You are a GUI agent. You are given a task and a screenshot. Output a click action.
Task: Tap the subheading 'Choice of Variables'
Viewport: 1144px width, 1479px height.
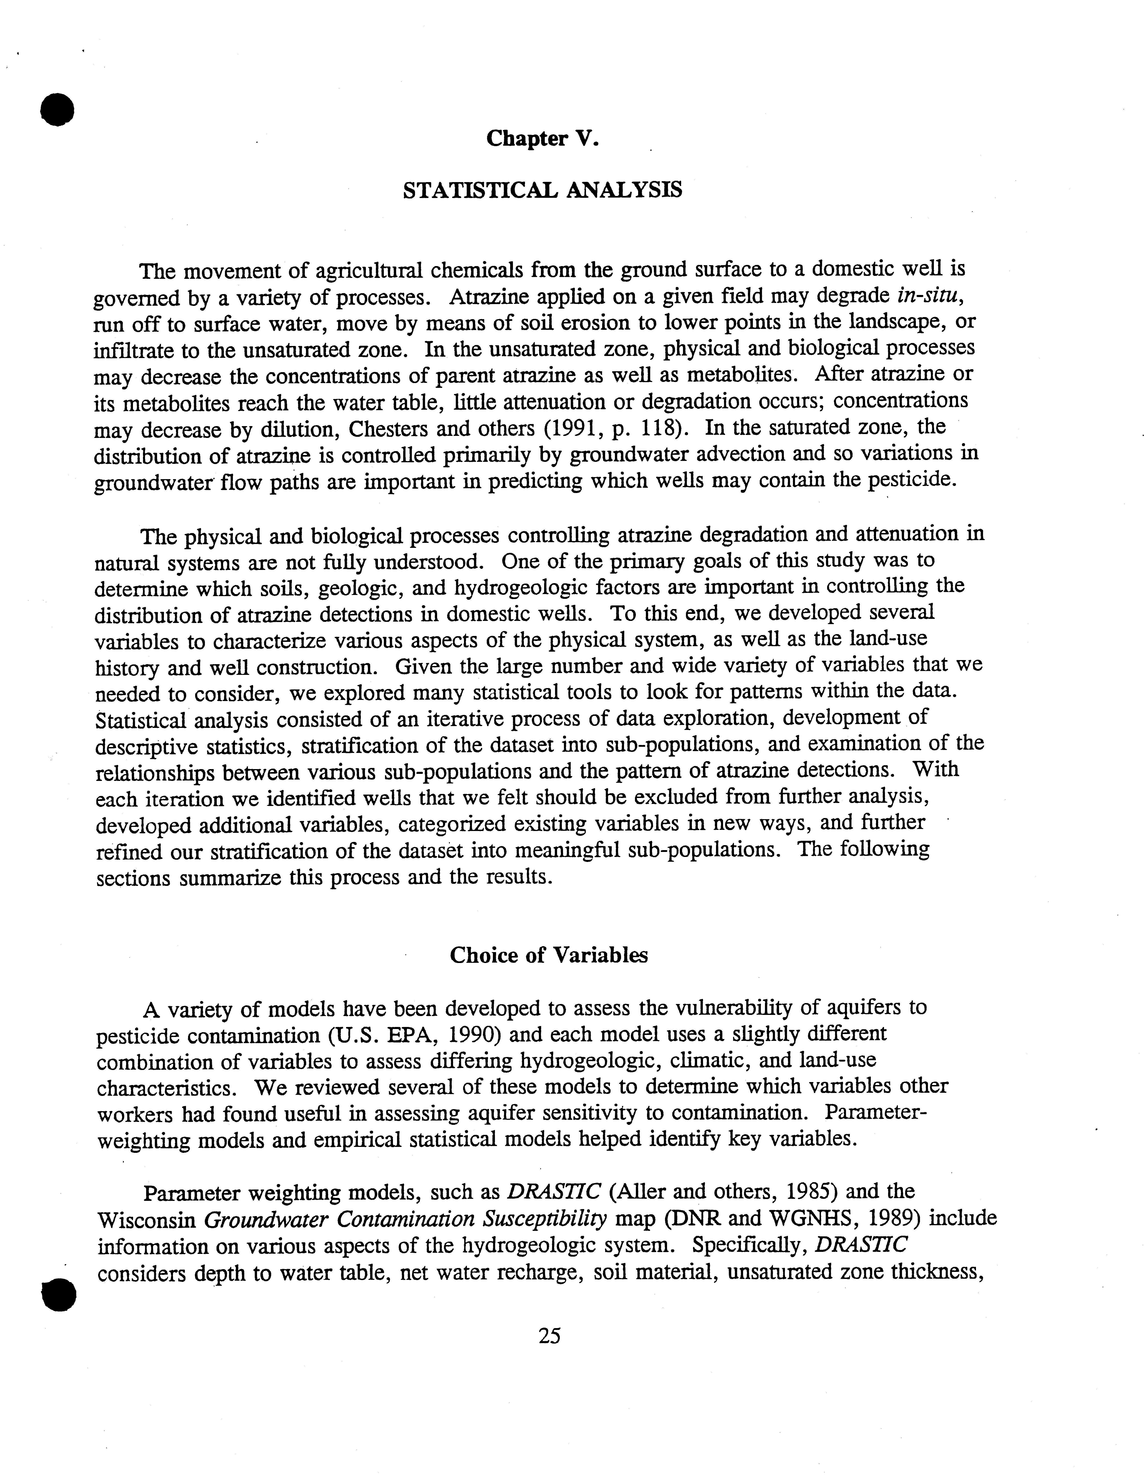tap(549, 955)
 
